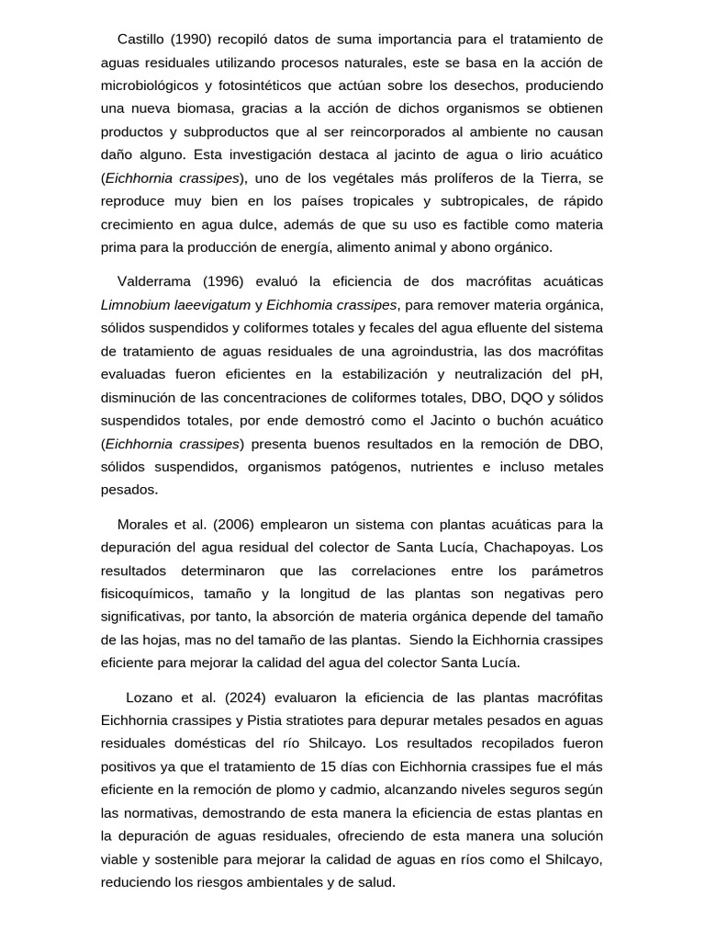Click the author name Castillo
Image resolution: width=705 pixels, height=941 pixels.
coord(142,39)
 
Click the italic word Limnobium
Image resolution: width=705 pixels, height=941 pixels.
coord(133,304)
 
